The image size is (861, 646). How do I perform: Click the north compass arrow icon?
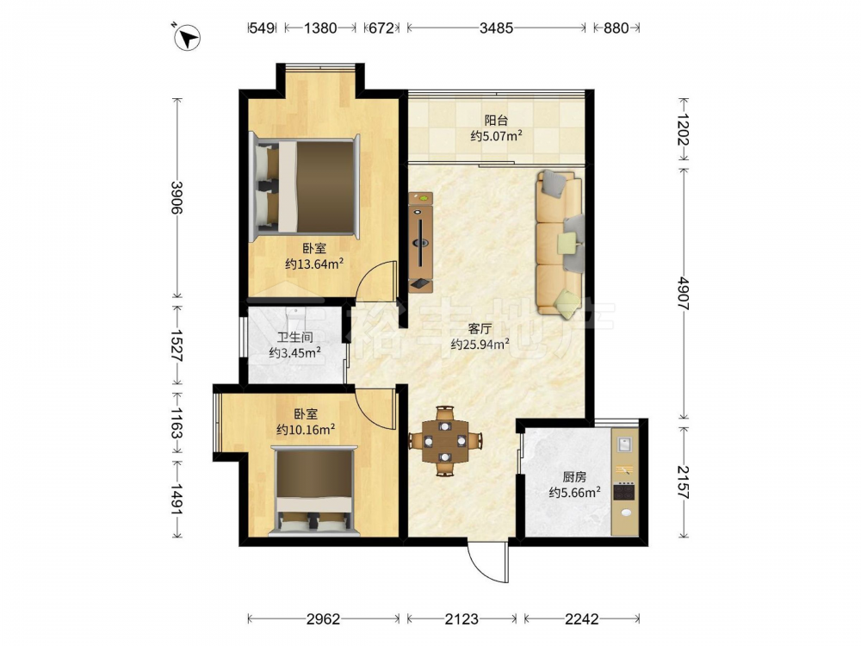(187, 39)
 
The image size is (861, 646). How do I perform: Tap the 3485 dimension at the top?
(496, 28)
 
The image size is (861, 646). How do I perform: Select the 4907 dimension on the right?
(684, 294)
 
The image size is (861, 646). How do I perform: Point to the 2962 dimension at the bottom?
(323, 619)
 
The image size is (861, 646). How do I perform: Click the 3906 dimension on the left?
(177, 197)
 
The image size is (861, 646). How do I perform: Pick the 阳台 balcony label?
(496, 120)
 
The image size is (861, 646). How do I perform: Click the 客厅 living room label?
(480, 328)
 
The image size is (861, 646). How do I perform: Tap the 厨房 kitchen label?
(573, 477)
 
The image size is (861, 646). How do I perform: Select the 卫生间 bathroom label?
(294, 337)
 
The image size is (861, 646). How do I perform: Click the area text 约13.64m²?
(314, 264)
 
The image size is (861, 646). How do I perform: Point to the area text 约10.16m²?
(306, 429)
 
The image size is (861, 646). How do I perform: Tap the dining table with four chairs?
(445, 441)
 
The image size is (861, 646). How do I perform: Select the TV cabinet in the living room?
(421, 242)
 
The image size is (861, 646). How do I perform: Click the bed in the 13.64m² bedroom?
(306, 187)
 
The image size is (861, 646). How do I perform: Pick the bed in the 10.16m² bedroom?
(314, 491)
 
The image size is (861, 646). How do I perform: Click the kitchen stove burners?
(624, 491)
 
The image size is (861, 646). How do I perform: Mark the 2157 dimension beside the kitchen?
(684, 481)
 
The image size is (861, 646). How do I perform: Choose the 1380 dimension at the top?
(320, 28)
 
